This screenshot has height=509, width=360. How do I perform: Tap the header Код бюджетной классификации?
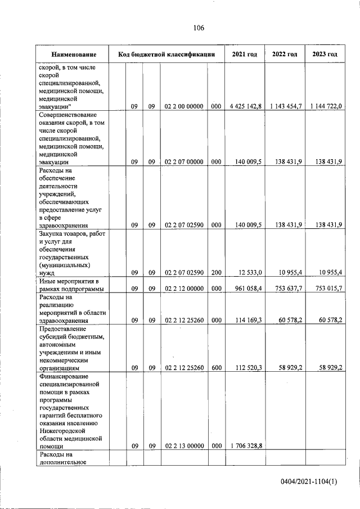[166, 55]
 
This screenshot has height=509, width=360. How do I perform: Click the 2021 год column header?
[244, 55]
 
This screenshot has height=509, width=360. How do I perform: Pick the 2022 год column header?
[284, 55]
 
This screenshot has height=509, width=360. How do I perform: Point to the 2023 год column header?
[324, 55]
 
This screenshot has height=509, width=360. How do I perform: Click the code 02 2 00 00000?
[183, 106]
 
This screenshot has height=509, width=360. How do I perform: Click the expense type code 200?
[215, 272]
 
